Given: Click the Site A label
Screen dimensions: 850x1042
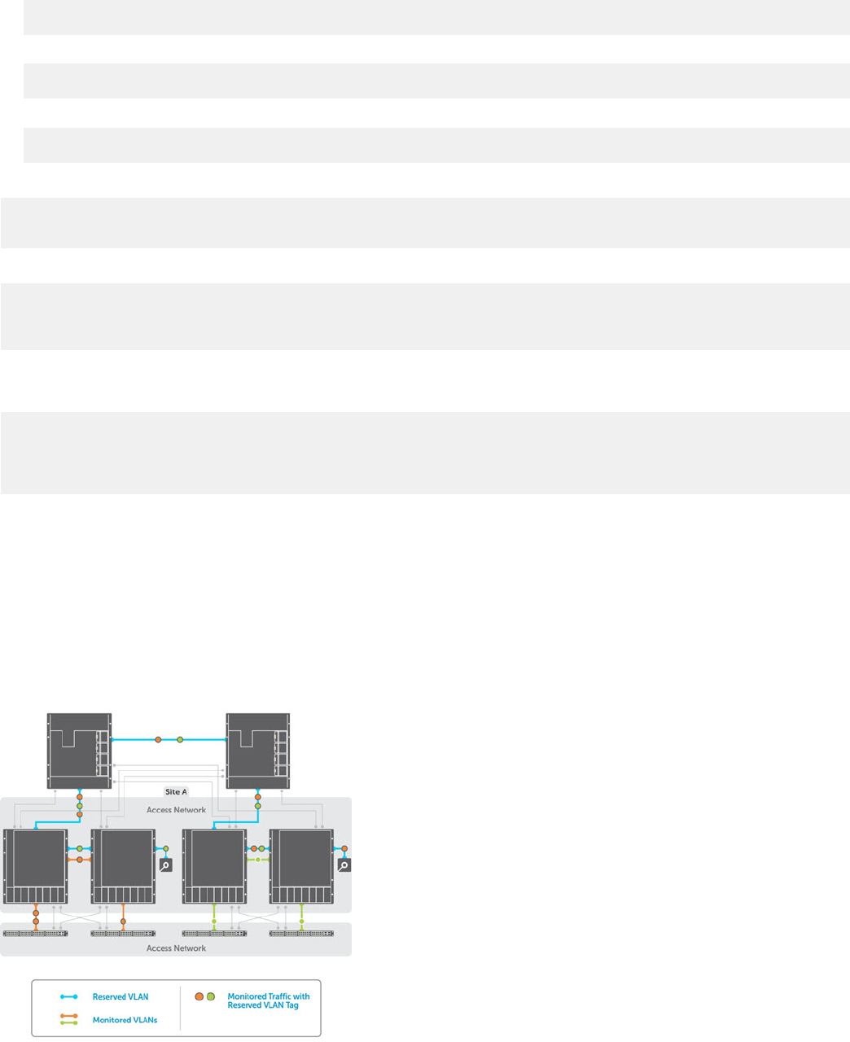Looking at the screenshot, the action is point(176,791).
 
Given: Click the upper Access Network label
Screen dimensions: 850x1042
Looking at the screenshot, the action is point(176,810).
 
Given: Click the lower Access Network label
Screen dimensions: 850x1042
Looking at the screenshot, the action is point(176,948).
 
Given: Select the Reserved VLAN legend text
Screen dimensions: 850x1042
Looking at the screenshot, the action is point(120,997).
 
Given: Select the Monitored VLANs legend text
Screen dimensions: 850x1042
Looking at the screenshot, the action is point(125,1020).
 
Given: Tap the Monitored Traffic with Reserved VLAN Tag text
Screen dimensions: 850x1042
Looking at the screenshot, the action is point(269,1000).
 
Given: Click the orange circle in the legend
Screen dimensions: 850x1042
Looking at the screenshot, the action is point(199,996).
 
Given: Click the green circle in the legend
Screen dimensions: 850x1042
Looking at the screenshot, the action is point(211,996).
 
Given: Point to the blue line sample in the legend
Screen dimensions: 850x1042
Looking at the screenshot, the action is point(68,997).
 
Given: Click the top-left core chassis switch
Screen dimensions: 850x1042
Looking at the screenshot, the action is point(79,751).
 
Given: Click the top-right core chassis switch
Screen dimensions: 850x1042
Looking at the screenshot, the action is point(257,751).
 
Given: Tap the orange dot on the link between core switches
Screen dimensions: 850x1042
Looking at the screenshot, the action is point(158,740).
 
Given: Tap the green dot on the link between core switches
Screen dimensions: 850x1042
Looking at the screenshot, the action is point(180,740).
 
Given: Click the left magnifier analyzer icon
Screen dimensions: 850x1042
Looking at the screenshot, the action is point(165,865).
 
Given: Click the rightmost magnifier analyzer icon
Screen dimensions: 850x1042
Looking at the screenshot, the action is point(344,865).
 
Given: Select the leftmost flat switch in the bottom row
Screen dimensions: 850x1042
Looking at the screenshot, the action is point(36,933).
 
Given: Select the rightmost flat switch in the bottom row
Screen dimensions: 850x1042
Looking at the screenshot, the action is point(301,933).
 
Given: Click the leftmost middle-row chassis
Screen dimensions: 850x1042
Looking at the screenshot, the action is point(36,867).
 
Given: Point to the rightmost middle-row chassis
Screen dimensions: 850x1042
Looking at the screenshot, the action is point(301,867).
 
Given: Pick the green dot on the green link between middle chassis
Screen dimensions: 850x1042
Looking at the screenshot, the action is point(257,860).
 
